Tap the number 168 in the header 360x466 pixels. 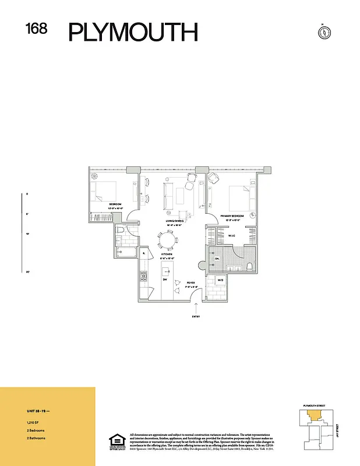[37, 29]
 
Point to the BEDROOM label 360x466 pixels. [115, 204]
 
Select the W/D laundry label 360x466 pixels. [220, 281]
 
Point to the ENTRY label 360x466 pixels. [196, 317]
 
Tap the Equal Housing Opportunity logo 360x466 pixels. [117, 442]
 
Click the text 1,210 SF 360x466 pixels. [24, 421]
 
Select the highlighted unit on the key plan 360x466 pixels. [314, 416]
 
